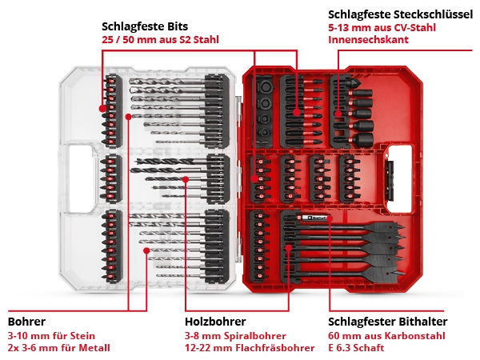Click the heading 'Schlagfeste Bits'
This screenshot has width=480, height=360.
(145, 26)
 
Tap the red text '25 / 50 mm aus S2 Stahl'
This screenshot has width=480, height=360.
(161, 40)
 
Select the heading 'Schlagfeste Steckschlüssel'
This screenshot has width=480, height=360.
(401, 14)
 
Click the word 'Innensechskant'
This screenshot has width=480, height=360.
(368, 39)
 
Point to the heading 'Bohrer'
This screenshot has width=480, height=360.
(26, 322)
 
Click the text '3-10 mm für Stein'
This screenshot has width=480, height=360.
(51, 336)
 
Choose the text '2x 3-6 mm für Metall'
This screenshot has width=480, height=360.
(58, 348)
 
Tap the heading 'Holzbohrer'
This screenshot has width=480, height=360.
(215, 322)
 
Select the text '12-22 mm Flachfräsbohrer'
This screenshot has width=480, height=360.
(250, 348)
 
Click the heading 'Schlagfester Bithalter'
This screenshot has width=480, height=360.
(388, 322)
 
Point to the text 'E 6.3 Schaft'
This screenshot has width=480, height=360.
(356, 348)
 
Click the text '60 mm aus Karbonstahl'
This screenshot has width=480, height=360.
(386, 336)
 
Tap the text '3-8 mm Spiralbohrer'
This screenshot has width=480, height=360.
(235, 336)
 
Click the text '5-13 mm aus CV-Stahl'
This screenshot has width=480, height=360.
(382, 27)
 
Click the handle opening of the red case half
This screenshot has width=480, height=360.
(399, 179)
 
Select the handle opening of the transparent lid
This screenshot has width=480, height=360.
(81, 178)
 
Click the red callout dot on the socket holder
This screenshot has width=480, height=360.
(338, 114)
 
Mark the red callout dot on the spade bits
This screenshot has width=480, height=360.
(288, 247)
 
